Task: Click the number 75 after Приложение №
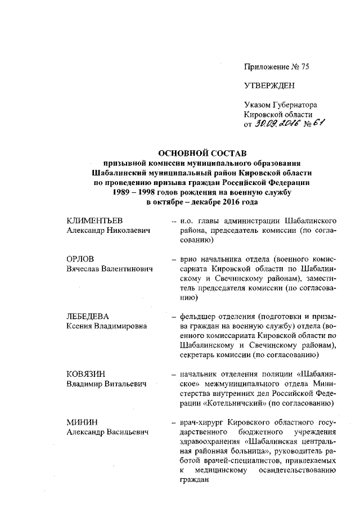click(x=304, y=67)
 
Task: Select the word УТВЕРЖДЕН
click(x=269, y=85)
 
